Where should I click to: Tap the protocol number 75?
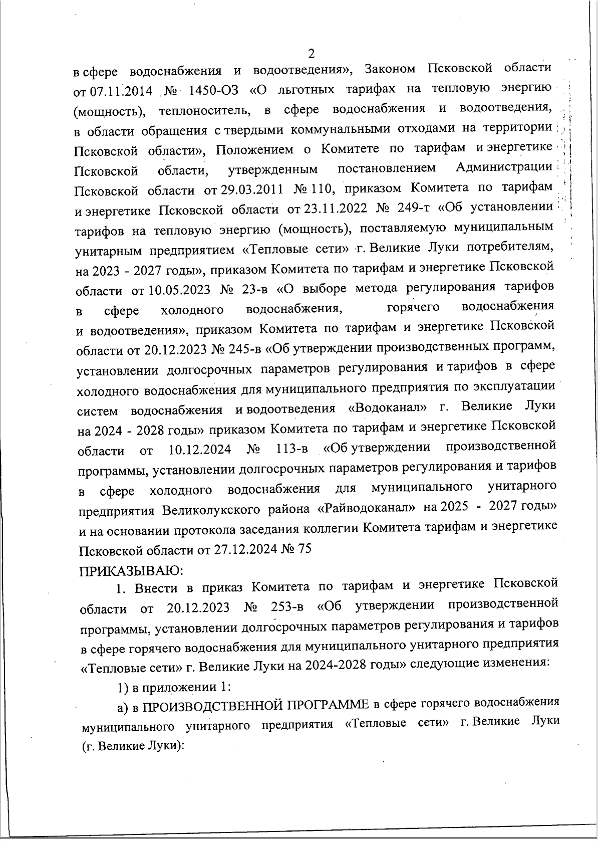point(305,548)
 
